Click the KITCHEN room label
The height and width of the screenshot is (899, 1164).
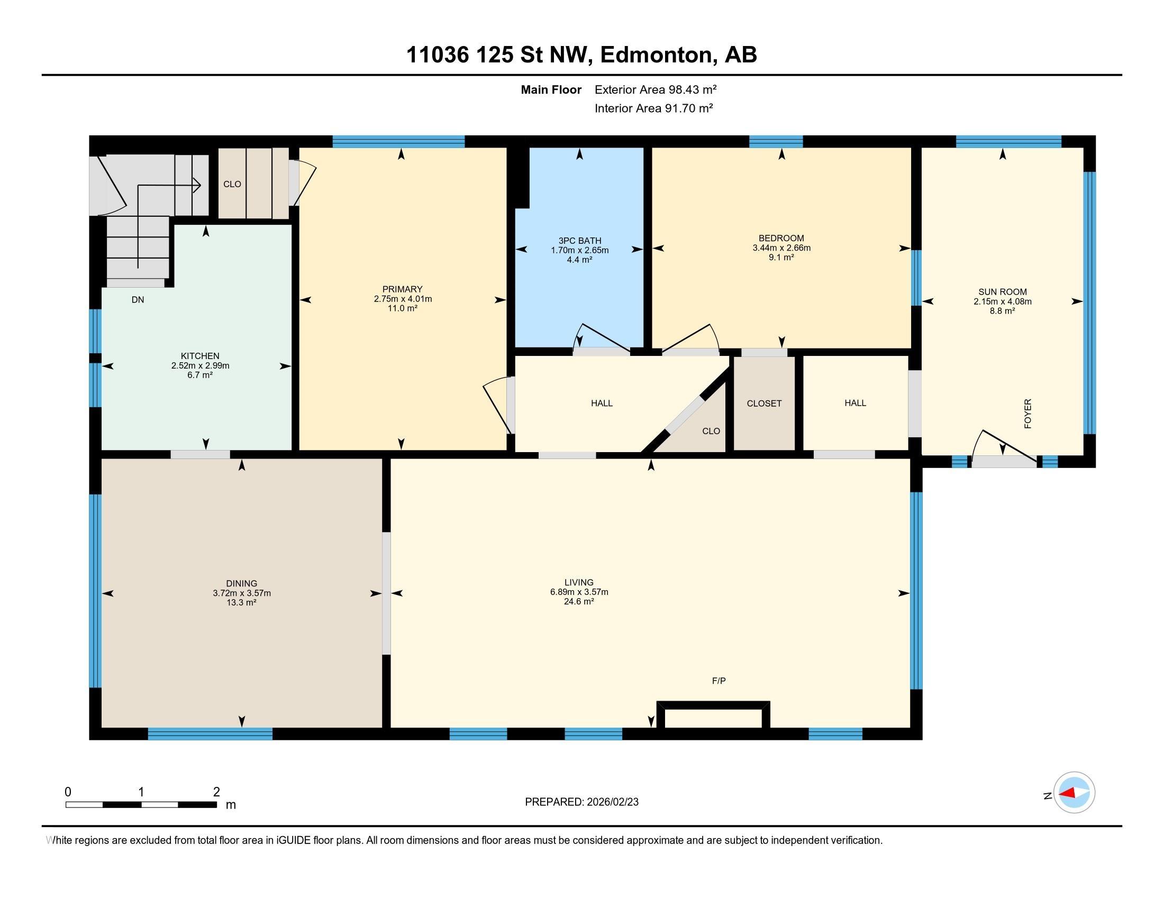[x=200, y=356]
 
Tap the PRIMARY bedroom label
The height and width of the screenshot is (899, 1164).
[x=403, y=289]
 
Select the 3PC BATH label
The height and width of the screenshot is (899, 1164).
[x=580, y=241]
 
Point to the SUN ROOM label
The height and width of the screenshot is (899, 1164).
[x=1003, y=292]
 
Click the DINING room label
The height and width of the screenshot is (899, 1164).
[x=241, y=583]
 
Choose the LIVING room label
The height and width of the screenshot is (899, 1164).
[x=579, y=582]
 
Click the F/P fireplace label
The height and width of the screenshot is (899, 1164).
[x=719, y=681]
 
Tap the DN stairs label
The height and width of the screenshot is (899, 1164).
[x=138, y=300]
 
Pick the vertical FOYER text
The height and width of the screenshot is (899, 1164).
[x=1028, y=414]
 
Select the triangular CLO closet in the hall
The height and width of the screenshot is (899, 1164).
[x=711, y=431]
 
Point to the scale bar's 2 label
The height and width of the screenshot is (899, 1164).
[x=216, y=792]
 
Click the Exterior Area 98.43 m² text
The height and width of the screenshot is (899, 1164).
[x=656, y=89]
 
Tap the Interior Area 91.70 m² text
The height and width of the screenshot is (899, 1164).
[x=654, y=108]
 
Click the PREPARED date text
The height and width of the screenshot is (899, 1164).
[x=581, y=802]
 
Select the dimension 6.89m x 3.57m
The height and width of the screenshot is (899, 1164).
[x=579, y=592]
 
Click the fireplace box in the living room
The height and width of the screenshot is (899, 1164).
[x=714, y=715]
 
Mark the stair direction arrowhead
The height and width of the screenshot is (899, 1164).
[x=197, y=185]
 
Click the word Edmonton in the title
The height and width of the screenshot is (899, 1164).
[x=656, y=55]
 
